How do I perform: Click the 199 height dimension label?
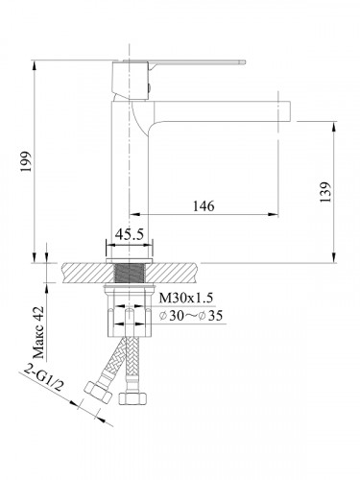coord(26,161)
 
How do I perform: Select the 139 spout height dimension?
coord(325,192)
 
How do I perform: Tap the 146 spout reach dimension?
coord(204,206)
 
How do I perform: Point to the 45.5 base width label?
coord(130,234)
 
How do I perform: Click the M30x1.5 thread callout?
coord(186,299)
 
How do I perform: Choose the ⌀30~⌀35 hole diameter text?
coord(191,316)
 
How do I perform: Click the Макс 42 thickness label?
coord(38,332)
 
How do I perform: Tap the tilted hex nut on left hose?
coord(98,393)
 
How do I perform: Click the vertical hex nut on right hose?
coord(132,398)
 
